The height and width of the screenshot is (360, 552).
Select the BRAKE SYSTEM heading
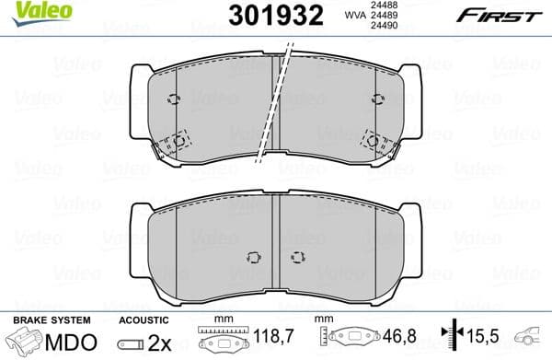[x=50, y=320]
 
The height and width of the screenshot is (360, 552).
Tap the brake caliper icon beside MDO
[x=23, y=342]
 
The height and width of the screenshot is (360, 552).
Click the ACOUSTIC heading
[x=144, y=320]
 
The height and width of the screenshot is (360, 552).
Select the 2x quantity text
[x=159, y=342]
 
